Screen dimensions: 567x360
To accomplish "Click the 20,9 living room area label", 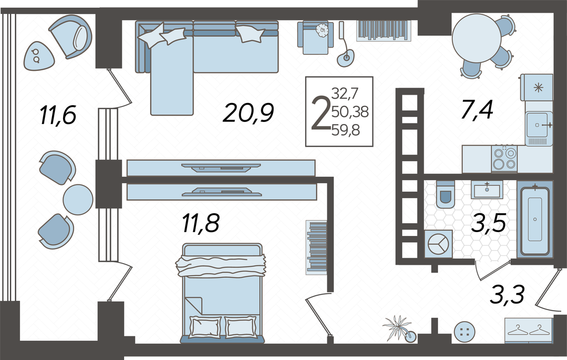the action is click(248, 112).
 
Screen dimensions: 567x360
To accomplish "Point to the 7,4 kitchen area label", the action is click(476, 110).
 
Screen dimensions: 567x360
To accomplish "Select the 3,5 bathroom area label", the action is click(488, 223).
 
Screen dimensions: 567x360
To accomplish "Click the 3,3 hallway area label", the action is click(507, 294).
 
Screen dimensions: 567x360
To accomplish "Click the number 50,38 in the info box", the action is click(350, 112).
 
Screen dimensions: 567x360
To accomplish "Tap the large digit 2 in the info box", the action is click(321, 113).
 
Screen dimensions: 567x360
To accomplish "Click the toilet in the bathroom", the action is click(445, 194).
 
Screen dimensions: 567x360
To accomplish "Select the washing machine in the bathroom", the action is click(439, 244).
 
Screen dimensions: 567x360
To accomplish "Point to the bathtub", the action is click(535, 219).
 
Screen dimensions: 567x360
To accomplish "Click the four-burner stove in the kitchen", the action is click(504, 158).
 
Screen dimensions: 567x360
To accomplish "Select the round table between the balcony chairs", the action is click(78, 199).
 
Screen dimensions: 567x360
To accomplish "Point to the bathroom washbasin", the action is click(487, 189).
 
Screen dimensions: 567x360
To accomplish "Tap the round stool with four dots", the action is click(465, 331).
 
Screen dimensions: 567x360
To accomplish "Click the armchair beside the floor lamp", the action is click(315, 37).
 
